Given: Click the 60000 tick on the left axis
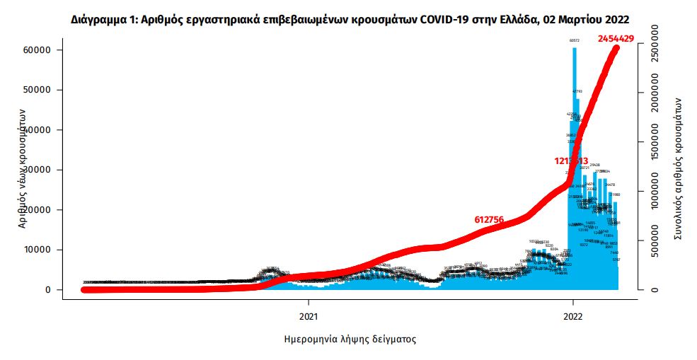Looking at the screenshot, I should tap(40, 50).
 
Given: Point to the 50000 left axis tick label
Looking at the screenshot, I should tap(40, 90).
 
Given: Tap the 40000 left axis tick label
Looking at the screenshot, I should tap(40, 130).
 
